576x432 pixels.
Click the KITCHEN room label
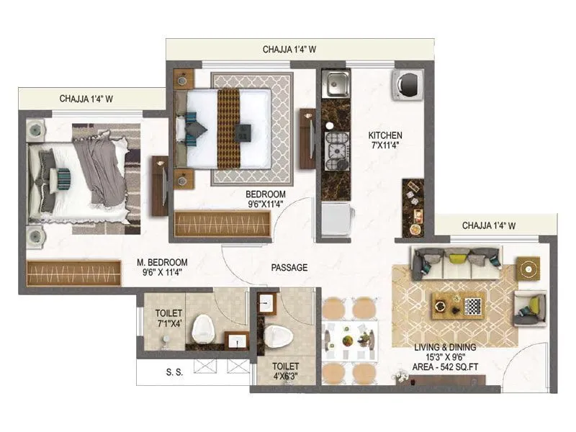click(x=385, y=140)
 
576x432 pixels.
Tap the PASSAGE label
click(x=289, y=267)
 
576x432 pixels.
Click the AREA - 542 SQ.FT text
click(x=445, y=366)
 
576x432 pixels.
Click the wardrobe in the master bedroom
click(x=73, y=273)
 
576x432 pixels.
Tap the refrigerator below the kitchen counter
click(x=337, y=218)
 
